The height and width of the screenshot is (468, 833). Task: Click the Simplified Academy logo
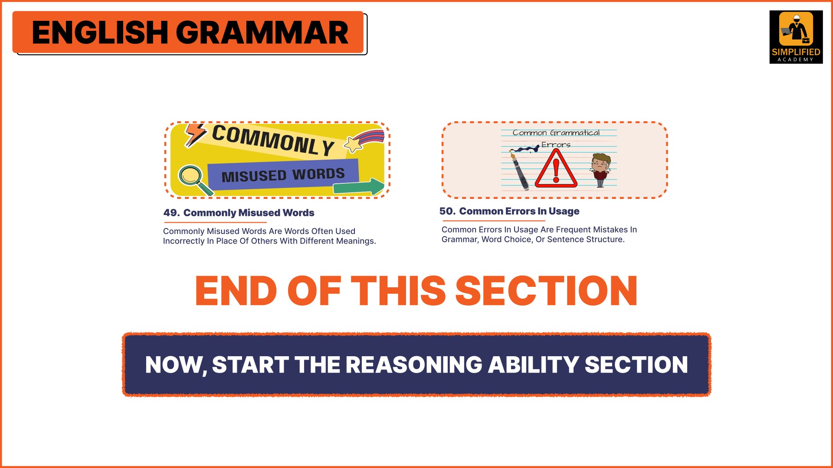coord(796,37)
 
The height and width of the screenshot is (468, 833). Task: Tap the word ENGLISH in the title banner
coord(100,33)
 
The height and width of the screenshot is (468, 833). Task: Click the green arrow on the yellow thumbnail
coord(358,187)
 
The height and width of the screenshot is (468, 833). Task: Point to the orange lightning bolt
coord(195,135)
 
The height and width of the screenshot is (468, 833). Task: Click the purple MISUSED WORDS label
coord(283,175)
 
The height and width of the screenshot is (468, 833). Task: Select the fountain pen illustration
coord(519,171)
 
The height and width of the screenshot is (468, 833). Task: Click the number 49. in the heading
coord(171,213)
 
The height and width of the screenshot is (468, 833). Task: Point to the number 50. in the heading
coord(447,211)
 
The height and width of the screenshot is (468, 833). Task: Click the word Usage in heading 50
coord(564,211)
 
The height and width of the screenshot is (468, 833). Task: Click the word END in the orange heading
coord(236,291)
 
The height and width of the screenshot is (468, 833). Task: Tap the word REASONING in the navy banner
coord(414,365)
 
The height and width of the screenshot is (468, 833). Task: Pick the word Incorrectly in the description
coord(184,241)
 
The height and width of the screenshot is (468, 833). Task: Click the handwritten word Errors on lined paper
coord(556,145)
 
